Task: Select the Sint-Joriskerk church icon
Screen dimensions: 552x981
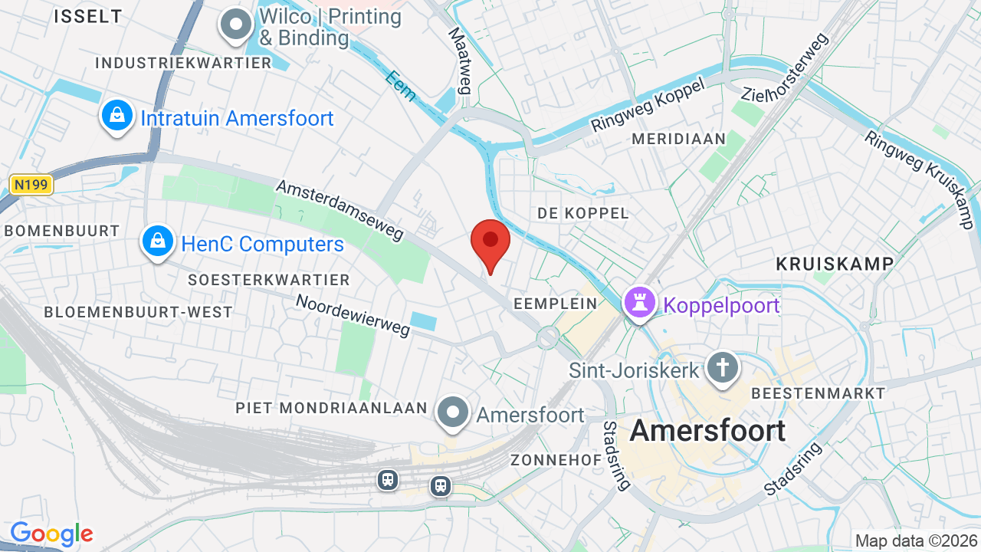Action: pyautogui.click(x=722, y=368)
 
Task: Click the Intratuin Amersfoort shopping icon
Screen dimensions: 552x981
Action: pyautogui.click(x=116, y=117)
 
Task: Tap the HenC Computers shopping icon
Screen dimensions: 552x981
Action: pyautogui.click(x=158, y=242)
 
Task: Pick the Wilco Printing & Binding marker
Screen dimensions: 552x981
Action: pyautogui.click(x=236, y=25)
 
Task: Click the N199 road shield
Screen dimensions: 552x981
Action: pyautogui.click(x=31, y=184)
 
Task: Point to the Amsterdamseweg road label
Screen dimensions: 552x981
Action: pyautogui.click(x=340, y=210)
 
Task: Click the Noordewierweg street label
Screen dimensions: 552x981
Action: pyautogui.click(x=353, y=315)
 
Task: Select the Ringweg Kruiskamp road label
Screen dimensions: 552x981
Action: pyautogui.click(x=922, y=179)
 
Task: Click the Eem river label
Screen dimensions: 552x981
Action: pyautogui.click(x=401, y=86)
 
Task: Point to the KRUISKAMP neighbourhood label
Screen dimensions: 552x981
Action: pyautogui.click(x=835, y=264)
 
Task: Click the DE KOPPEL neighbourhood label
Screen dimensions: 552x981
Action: pyautogui.click(x=582, y=213)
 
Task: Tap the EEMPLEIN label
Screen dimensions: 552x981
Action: pyautogui.click(x=555, y=304)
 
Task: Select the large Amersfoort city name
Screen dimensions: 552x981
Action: pyautogui.click(x=707, y=431)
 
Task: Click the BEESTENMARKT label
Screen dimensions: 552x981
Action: pyautogui.click(x=819, y=393)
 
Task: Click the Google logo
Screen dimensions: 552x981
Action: pyautogui.click(x=51, y=534)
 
